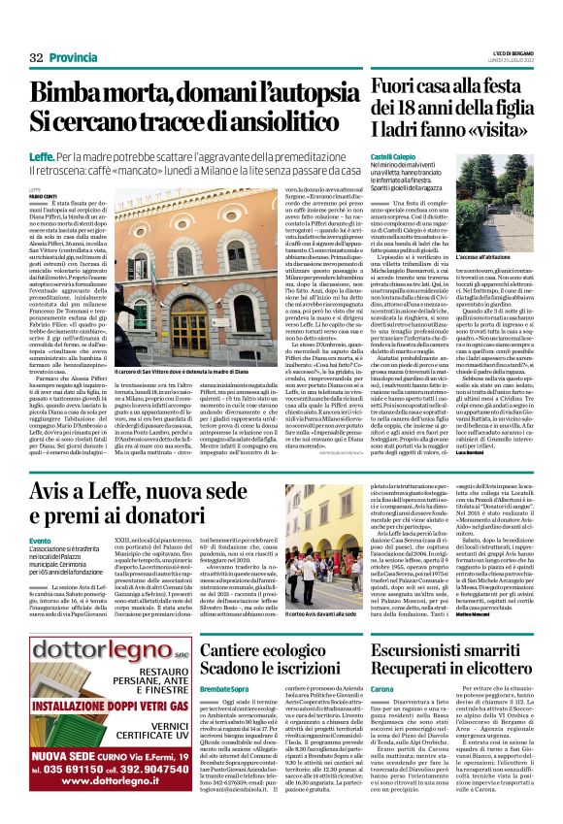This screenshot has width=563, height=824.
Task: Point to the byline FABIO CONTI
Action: (43, 196)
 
